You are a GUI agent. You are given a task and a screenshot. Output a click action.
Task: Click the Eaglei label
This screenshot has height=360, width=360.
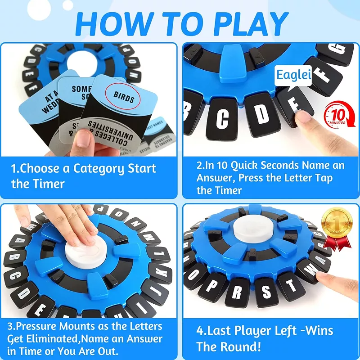coord(293,75)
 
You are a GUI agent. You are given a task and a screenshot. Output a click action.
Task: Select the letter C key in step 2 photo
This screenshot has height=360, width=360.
coord(224,118)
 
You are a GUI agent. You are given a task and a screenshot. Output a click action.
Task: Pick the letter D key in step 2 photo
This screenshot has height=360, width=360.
coord(260,114)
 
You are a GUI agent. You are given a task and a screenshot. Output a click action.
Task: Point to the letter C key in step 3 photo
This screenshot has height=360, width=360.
coord(13,274)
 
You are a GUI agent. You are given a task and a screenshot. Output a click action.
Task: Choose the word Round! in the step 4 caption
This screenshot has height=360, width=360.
coord(239,346)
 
